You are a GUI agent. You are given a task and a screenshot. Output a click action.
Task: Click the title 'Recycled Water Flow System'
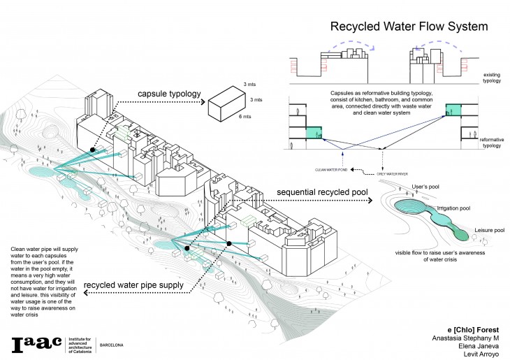coord(408,28)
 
